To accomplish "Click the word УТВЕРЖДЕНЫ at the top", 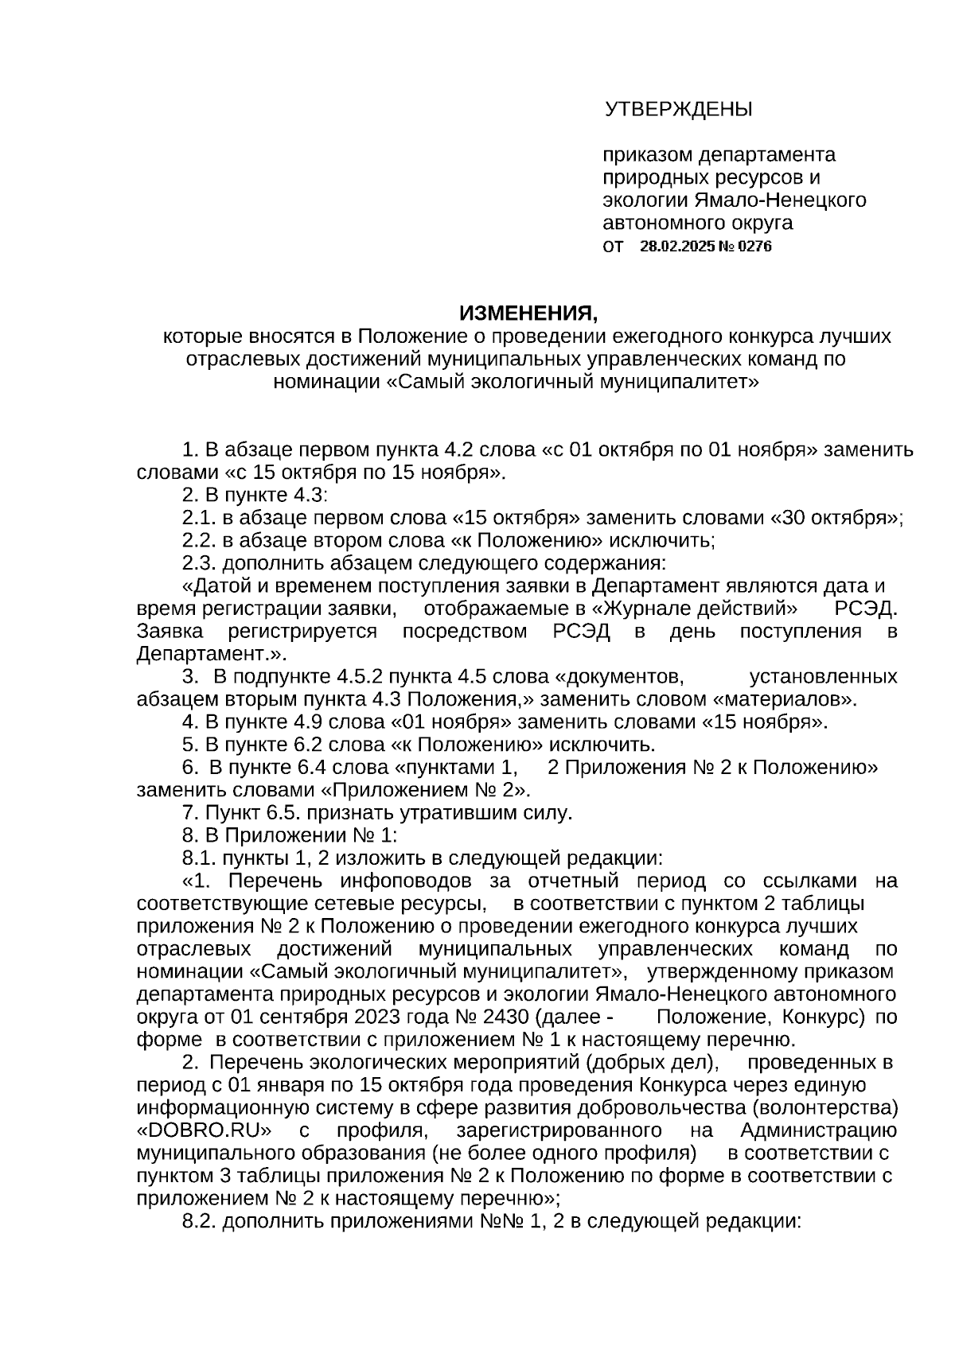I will pos(678,109).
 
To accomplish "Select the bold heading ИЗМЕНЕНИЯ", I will pos(527,313).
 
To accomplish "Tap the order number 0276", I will pos(755,247).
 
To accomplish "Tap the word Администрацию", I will pos(818,1131).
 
